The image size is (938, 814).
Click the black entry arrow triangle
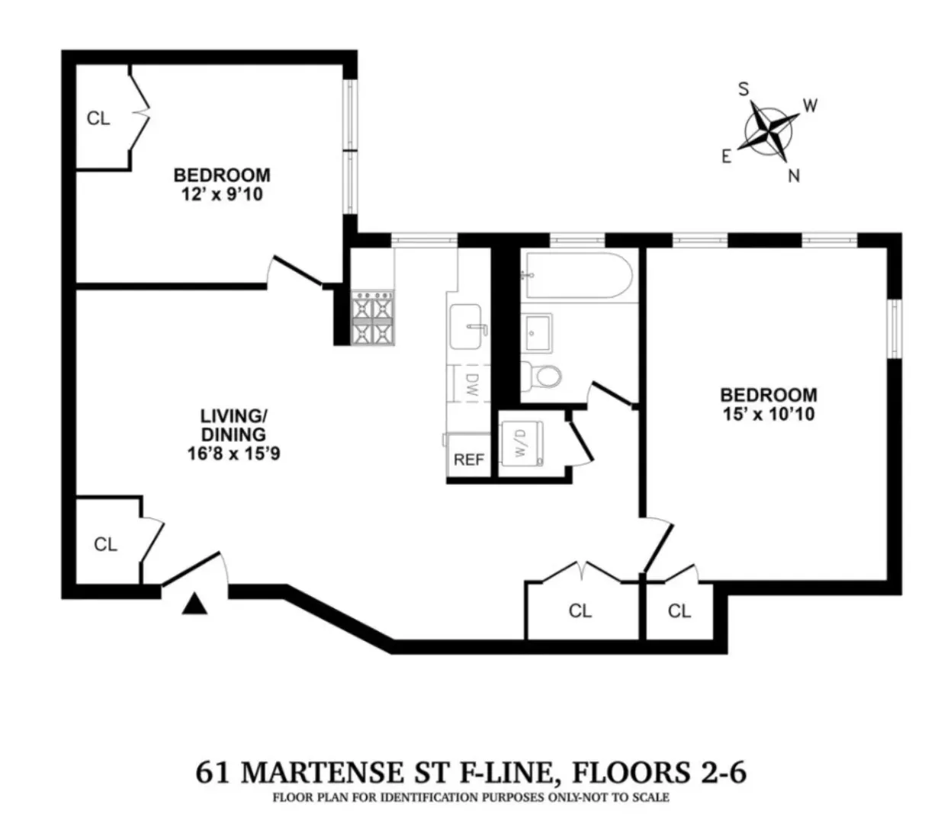(196, 604)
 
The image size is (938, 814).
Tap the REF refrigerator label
(469, 460)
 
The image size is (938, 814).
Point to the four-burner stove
(373, 318)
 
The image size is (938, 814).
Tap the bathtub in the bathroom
(576, 277)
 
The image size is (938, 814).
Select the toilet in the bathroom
(542, 374)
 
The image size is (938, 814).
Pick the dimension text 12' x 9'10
(221, 194)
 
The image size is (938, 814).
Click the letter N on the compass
(794, 176)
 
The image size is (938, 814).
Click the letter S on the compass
(743, 89)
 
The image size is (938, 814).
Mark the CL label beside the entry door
(105, 544)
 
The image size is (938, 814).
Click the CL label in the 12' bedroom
(98, 118)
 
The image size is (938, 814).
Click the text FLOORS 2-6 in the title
(659, 773)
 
